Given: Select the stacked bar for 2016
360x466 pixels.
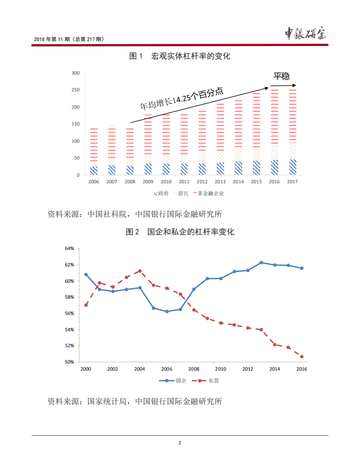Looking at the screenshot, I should (x=275, y=133).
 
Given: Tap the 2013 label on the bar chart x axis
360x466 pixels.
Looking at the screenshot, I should (x=220, y=182).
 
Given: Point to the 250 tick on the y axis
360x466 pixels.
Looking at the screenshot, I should (x=75, y=90).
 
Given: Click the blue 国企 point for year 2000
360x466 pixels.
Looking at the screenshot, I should (x=86, y=274).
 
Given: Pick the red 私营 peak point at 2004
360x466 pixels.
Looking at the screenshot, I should (x=140, y=271).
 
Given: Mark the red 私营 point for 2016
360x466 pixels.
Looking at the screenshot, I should (x=302, y=356).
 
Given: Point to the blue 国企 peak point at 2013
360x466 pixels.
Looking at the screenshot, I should (x=261, y=262).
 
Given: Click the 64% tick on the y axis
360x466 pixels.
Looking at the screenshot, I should (x=69, y=249).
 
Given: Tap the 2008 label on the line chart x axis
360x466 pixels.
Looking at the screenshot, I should (x=193, y=369).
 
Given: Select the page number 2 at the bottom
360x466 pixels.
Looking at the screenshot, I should (x=180, y=443).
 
